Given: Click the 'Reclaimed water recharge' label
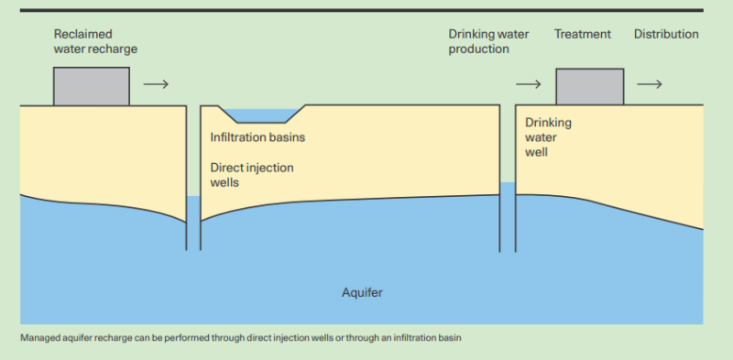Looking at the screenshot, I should point(94,41).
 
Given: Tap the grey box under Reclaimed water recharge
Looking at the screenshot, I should point(92,85).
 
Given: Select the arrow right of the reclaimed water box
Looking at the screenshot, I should point(157,84).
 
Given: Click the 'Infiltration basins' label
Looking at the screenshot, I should point(257,137).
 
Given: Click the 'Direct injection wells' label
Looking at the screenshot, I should point(252,175).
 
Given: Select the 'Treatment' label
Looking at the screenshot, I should point(582,35).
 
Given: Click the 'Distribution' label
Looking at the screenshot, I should point(666,35).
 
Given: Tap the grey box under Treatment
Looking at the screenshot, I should point(590,85).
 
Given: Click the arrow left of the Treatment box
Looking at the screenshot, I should point(529,84).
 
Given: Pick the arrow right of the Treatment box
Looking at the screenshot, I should point(650,84).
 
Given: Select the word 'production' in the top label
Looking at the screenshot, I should point(478,49).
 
